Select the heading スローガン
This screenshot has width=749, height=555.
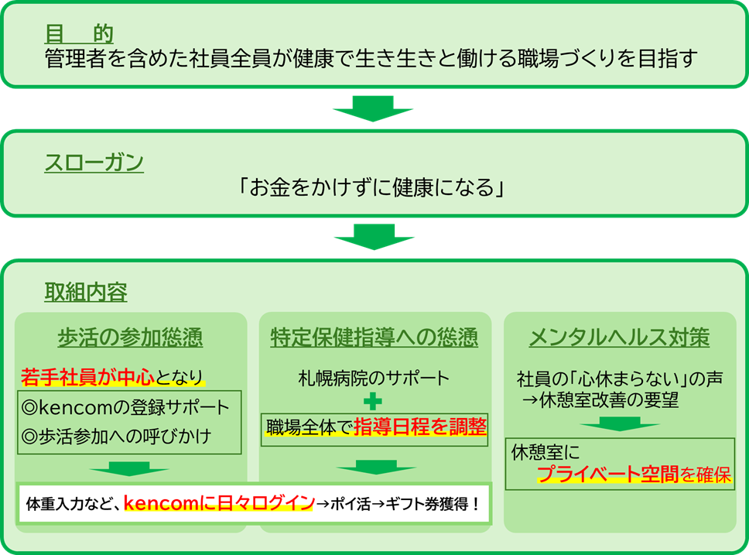[94, 163]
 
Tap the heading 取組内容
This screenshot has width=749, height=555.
[85, 293]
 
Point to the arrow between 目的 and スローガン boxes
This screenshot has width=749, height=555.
[374, 108]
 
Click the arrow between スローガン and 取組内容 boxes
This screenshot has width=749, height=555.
[374, 236]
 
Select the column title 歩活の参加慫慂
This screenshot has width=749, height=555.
[130, 337]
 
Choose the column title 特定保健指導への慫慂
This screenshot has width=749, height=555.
[374, 337]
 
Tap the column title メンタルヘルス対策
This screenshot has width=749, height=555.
[619, 337]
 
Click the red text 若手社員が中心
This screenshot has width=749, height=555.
[87, 377]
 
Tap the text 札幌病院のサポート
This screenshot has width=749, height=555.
[374, 379]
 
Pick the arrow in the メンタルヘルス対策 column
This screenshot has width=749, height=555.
[619, 425]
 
